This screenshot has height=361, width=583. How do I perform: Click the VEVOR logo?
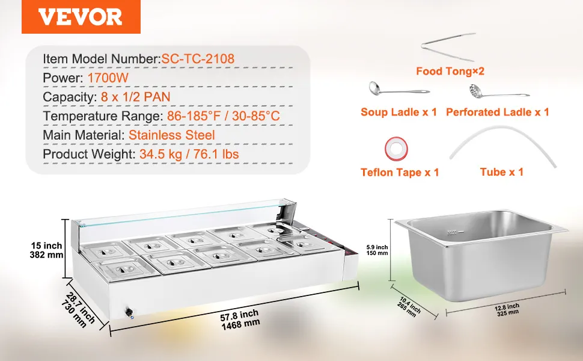click(x=81, y=17)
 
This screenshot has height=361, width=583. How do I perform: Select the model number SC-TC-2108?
click(x=198, y=59)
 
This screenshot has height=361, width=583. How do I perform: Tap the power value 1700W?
click(x=108, y=78)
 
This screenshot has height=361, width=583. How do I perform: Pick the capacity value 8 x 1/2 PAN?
click(x=135, y=97)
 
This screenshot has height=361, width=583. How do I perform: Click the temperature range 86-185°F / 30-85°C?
click(x=223, y=116)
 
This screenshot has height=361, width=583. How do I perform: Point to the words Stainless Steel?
click(x=172, y=135)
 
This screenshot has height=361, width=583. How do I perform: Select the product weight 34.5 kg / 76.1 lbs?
click(x=189, y=154)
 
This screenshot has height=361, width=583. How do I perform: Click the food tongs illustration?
click(x=448, y=48)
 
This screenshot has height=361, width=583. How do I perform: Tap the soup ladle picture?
click(x=398, y=90)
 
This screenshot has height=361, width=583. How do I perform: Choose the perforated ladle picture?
click(x=498, y=92)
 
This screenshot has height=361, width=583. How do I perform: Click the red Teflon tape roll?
click(x=396, y=149)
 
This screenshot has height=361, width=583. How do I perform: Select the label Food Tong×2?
click(x=450, y=71)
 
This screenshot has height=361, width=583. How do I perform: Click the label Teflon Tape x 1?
click(x=400, y=172)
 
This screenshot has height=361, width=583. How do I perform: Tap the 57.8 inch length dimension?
click(x=240, y=320)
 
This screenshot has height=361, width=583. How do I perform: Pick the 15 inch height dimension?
click(x=46, y=250)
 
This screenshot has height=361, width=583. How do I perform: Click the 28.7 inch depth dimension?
click(x=78, y=310)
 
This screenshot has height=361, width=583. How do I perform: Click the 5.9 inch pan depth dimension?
click(x=377, y=250)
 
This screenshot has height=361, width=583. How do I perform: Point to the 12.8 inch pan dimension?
click(x=507, y=310)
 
